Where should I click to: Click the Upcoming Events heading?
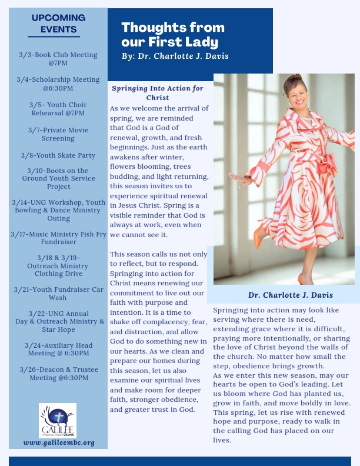pos(58,23)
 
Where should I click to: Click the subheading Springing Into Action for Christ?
pos(158,92)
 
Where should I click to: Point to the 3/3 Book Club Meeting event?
pos(58,58)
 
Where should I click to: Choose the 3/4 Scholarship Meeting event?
pos(58,84)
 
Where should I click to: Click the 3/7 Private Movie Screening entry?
pos(58,134)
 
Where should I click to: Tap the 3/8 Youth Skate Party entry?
pos(58,155)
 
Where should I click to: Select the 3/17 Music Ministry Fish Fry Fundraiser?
pos(58,238)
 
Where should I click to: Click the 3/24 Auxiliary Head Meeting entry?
pos(58,349)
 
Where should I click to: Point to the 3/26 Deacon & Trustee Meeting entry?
pos(58,374)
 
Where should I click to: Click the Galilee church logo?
pos(58,421)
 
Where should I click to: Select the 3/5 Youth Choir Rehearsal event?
pos(58,108)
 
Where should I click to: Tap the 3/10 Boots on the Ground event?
pos(58,178)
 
